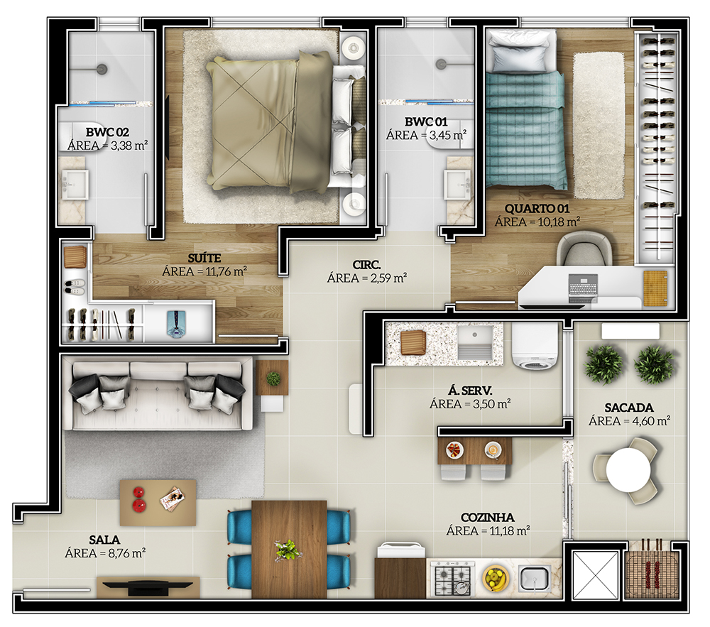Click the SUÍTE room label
click(x=204, y=258)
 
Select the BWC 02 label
click(x=107, y=132)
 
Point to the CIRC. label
click(x=367, y=264)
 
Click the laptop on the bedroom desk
click(x=584, y=288)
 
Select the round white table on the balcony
click(x=628, y=470)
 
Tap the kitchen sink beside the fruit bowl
click(x=535, y=579)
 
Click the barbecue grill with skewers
click(x=652, y=569)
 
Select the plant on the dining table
click(x=288, y=549)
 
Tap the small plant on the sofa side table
click(x=273, y=378)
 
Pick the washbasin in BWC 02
click(x=75, y=185)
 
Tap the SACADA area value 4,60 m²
click(x=629, y=421)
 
